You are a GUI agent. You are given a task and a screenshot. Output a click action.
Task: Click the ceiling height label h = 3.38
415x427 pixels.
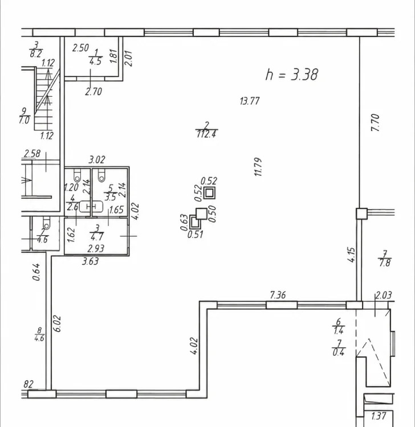coord(292,75)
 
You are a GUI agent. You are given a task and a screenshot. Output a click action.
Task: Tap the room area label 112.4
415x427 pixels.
coord(206,134)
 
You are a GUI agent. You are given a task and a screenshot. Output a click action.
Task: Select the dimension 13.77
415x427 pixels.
coord(250,101)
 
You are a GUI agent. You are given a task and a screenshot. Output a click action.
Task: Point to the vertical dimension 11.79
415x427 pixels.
coord(258,167)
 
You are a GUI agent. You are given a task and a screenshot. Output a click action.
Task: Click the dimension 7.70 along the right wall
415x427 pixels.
coord(375,122)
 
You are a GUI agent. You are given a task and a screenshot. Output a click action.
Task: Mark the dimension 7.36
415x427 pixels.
coord(278,295)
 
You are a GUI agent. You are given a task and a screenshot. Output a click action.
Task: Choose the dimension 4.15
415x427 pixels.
coord(352,255)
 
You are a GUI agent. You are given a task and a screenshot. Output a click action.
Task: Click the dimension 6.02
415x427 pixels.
coord(58,324)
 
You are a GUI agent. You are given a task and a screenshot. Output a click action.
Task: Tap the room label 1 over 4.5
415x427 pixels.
coord(95,57)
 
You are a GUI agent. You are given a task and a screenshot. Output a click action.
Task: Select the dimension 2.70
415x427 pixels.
coord(93,92)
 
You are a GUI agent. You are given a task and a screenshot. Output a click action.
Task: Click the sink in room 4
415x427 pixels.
coord(91,207)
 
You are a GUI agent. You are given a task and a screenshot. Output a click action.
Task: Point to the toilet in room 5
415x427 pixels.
coord(101,175)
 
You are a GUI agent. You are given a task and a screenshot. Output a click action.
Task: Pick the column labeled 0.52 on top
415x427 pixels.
coord(209,193)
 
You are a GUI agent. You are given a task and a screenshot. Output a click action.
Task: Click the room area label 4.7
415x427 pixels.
coord(96,237)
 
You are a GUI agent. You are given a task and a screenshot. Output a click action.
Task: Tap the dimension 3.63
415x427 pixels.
coord(90,261)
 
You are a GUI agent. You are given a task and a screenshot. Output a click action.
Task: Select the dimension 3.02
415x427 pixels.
coord(97,159)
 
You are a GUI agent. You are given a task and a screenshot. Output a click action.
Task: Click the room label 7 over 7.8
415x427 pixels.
coord(384,259)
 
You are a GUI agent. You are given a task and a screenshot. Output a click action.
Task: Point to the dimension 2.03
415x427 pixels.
coord(384,295)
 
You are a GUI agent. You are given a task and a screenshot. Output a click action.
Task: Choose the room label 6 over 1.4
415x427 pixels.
coord(338,326)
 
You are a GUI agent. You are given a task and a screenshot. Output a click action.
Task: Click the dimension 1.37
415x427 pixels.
coord(379,416)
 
